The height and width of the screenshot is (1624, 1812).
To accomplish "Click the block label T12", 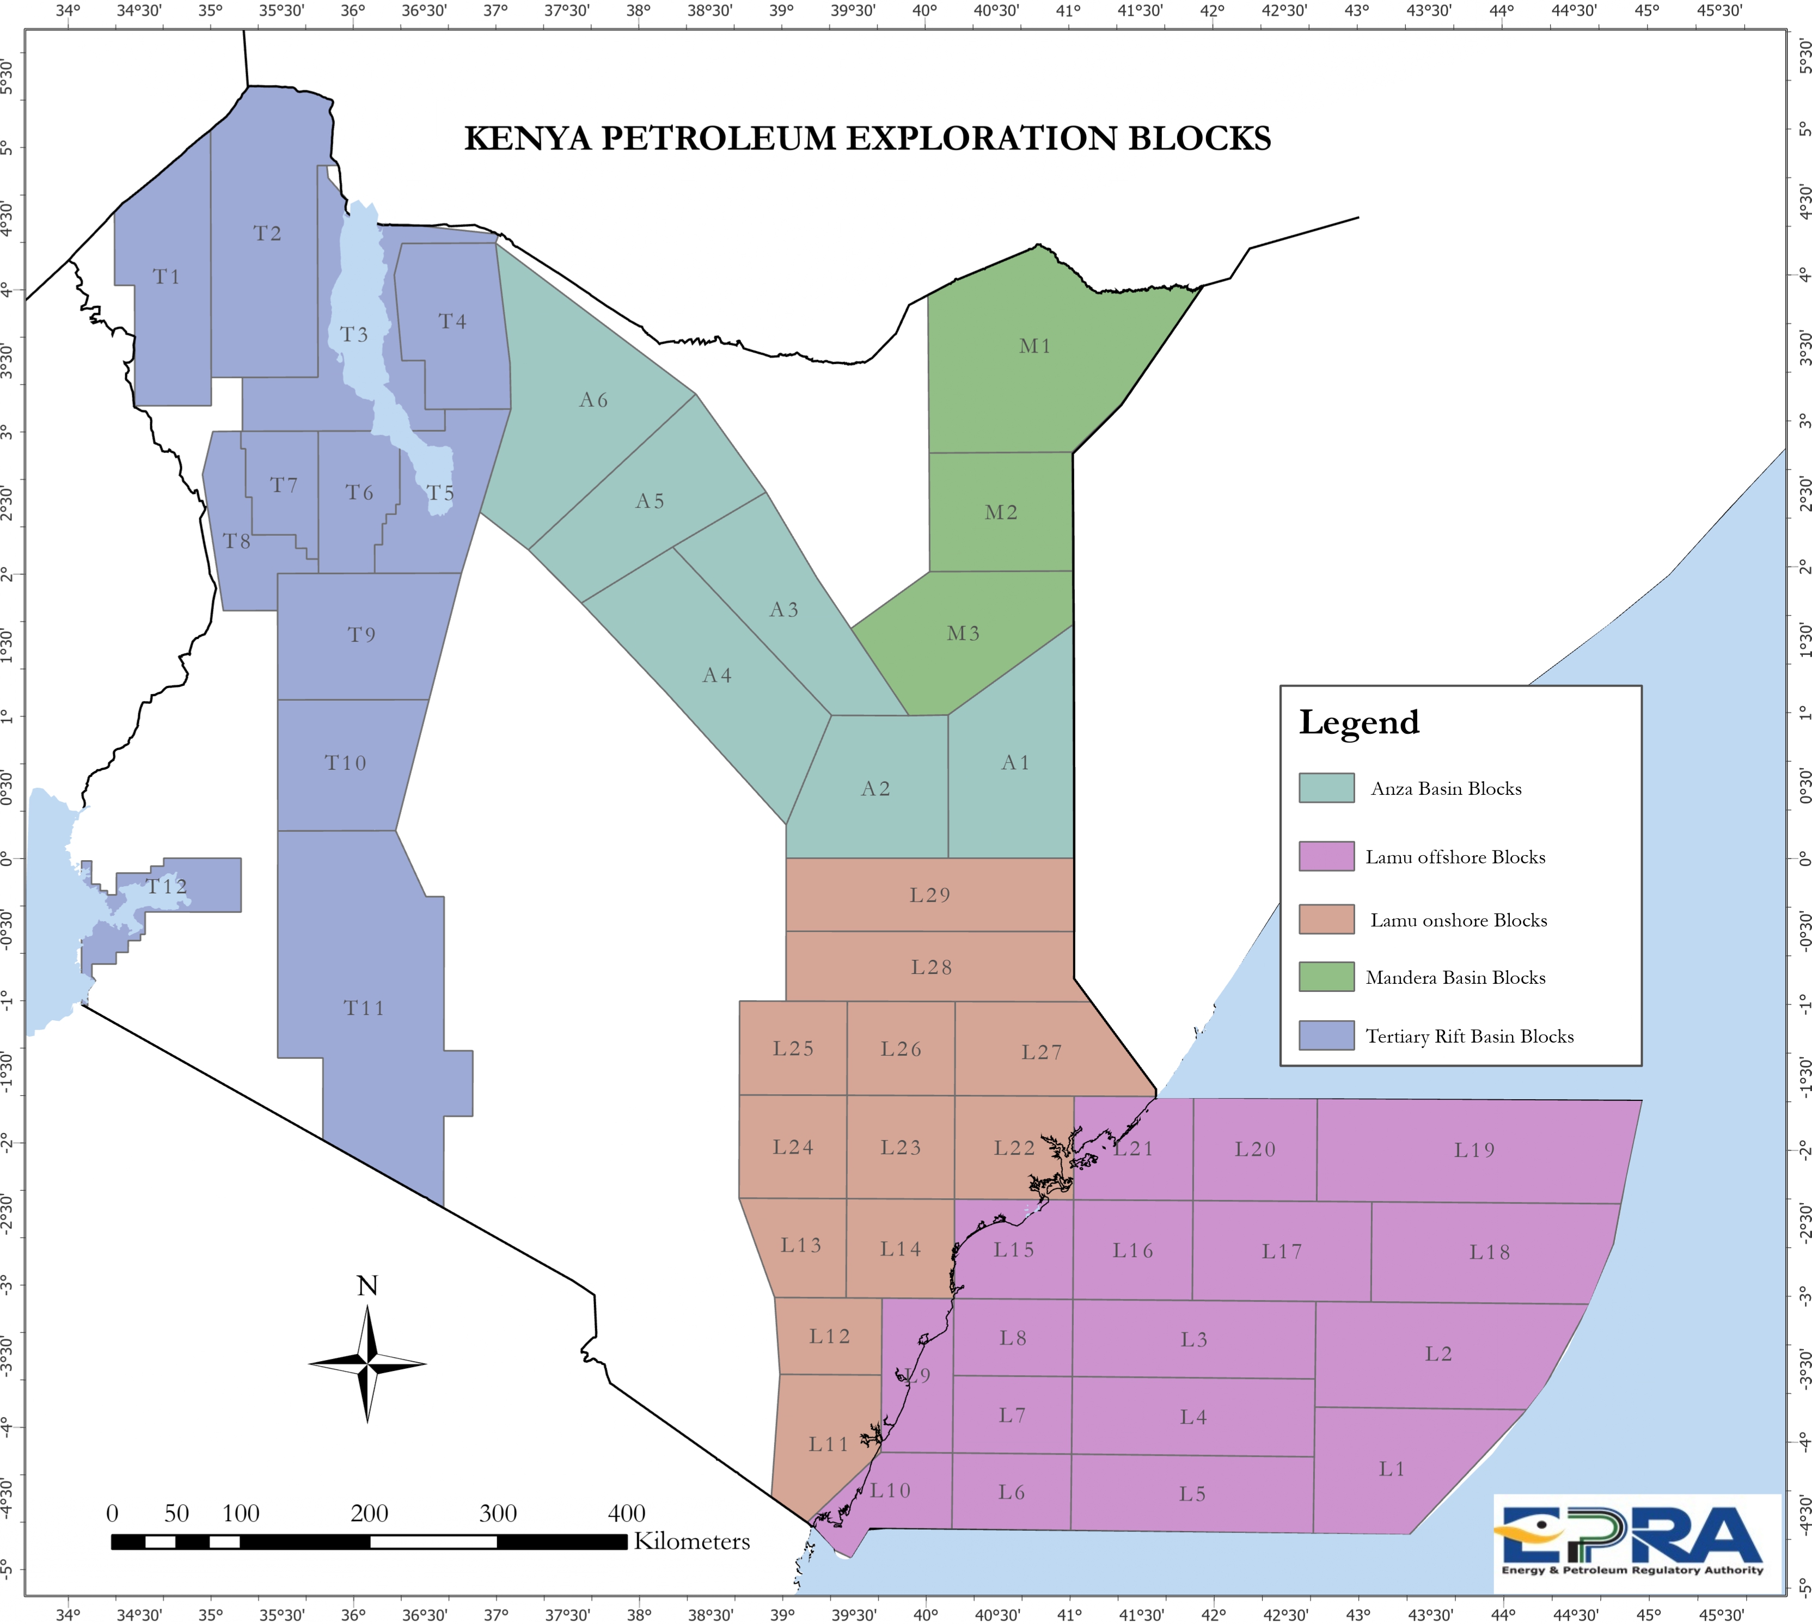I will click(167, 886).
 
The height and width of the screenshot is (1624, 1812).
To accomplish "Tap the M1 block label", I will click(1035, 346).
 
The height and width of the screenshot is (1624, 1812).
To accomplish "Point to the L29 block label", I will click(929, 895).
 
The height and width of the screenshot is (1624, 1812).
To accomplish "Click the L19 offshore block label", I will click(1474, 1150).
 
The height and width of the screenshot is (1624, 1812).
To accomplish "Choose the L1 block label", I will click(1392, 1469).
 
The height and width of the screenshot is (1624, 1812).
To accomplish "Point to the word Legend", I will click(1359, 722).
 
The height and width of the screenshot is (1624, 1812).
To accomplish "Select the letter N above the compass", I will click(368, 1286).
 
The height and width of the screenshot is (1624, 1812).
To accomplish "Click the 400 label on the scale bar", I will click(626, 1513).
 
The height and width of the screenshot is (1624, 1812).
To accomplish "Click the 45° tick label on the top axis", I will click(1647, 11).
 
